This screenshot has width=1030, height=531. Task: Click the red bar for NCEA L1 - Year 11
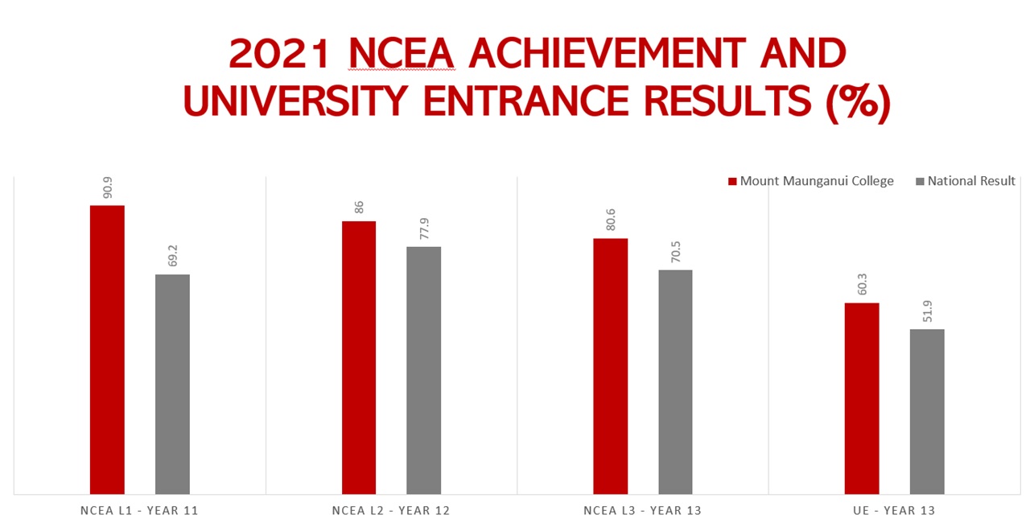click(107, 349)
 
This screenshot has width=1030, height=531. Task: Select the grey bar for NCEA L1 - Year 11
click(172, 384)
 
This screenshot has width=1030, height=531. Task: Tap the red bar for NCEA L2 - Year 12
click(359, 357)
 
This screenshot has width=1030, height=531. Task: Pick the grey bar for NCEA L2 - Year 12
click(423, 370)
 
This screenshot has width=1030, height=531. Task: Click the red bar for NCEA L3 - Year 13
click(611, 366)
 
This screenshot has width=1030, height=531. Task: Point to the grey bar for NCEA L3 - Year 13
click(675, 381)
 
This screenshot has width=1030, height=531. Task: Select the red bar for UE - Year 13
click(862, 398)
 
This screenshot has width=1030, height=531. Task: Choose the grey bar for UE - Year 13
click(927, 411)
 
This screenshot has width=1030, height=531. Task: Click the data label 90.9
click(107, 187)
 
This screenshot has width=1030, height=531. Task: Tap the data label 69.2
click(172, 257)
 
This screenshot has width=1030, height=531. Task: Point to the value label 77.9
click(424, 228)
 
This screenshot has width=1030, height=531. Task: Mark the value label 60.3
click(863, 285)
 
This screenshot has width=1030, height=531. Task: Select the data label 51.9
click(927, 311)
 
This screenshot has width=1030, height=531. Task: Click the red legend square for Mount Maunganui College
click(732, 182)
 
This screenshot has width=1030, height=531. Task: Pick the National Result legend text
click(971, 181)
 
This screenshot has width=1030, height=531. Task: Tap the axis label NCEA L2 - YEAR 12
click(391, 511)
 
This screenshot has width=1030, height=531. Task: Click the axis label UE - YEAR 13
click(894, 511)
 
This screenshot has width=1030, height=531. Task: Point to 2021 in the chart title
click(280, 54)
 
